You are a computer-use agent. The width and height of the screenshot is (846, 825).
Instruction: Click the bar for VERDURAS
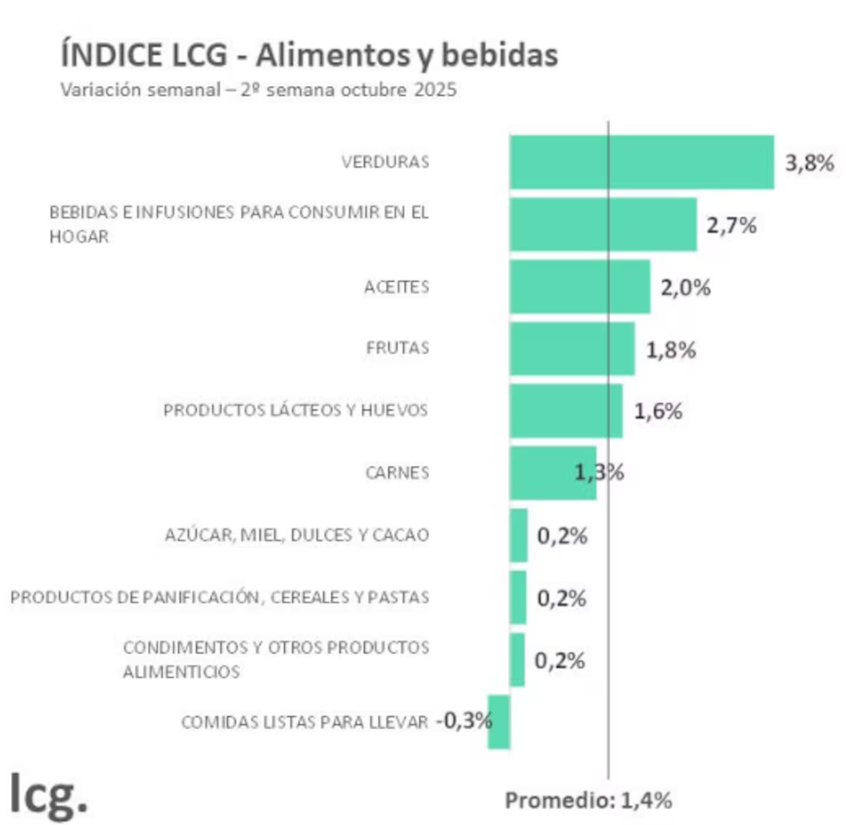point(642,162)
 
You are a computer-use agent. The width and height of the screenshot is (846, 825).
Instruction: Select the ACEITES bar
point(580,287)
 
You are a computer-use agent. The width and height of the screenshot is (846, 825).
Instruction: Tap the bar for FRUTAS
point(572,348)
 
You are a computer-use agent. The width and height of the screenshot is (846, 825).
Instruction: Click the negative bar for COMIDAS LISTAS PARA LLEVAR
point(499,722)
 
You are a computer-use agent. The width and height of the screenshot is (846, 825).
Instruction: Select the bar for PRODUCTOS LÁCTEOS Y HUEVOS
point(566,411)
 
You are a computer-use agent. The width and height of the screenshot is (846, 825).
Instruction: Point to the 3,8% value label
point(810,163)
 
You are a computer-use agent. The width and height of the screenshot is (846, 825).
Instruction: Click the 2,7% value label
point(731,225)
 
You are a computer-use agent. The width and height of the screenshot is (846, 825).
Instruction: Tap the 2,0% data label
point(686,287)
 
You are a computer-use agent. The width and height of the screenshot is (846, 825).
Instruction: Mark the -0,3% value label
point(464,720)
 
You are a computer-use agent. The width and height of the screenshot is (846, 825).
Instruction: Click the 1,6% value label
point(658,411)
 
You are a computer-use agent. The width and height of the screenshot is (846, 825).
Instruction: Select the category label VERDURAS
point(385,162)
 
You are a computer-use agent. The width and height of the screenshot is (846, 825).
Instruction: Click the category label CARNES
point(397,473)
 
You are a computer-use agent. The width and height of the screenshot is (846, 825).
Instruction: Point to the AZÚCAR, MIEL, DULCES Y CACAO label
point(297,535)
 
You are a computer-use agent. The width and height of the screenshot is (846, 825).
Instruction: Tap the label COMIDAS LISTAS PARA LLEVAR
point(304,722)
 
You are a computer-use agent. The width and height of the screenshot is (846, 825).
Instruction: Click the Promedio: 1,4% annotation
point(588,800)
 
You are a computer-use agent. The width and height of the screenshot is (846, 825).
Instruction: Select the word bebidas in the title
point(499,55)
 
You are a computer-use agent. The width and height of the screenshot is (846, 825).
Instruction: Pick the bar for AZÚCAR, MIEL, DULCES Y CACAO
point(519,535)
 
